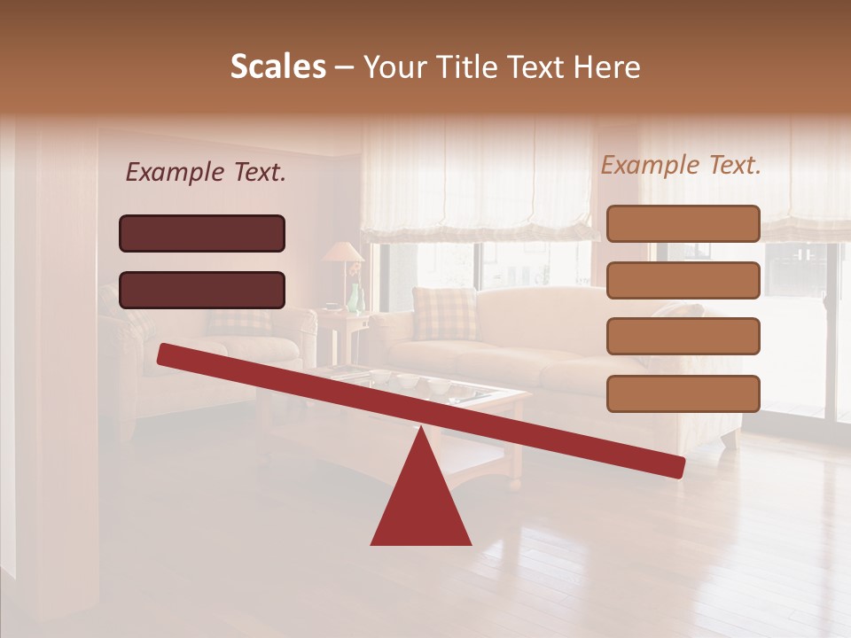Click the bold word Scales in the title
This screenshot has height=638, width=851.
(277, 66)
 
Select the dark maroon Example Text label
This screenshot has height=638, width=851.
(206, 173)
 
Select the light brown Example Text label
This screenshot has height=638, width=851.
(681, 165)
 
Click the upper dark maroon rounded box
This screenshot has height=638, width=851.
(202, 233)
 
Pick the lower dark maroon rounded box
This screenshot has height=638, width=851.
(202, 290)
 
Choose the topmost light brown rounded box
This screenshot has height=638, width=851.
(683, 223)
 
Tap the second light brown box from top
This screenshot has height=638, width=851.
(683, 280)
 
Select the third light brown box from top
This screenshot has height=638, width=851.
(683, 337)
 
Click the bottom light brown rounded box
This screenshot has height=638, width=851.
(683, 393)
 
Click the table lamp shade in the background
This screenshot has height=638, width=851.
(342, 253)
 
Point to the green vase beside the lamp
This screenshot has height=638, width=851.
(355, 299)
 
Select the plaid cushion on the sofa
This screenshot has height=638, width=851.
(444, 313)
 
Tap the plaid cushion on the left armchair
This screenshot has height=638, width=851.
(239, 321)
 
